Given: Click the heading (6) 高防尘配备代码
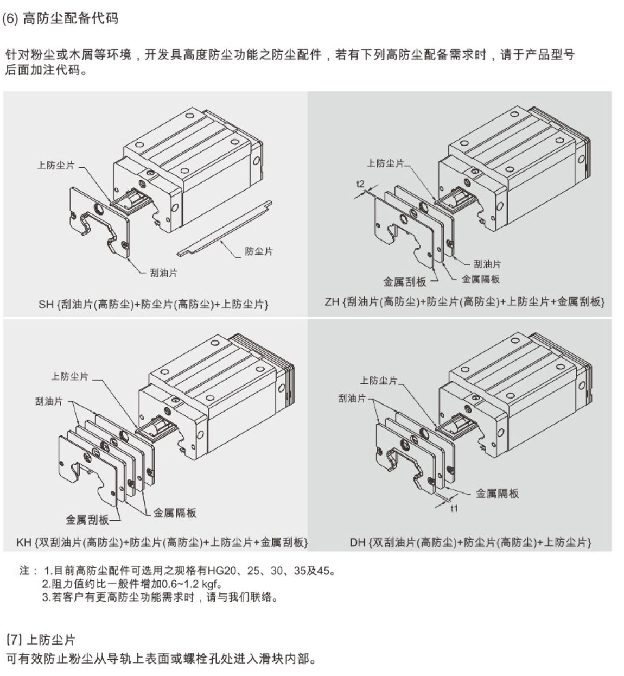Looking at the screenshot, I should coord(60,19).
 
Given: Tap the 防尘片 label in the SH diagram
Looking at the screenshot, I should coord(258,251).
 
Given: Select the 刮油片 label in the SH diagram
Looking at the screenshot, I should coord(163,273).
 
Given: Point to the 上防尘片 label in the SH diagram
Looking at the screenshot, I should coord(55,166).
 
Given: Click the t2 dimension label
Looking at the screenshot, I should coord(360,184).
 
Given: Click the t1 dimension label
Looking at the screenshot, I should coord(454,509).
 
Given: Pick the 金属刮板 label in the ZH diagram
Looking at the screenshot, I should coord(404,282).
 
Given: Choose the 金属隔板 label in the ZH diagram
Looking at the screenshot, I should coord(480,279).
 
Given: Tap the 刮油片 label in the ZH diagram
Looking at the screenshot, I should coord(487,264).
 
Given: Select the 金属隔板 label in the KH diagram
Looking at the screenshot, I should coord(175,513).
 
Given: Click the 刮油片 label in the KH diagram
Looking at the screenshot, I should coord(49,401).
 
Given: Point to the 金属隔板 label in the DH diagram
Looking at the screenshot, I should coord(497,493).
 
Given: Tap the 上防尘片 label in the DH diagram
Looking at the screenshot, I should coord(378,381).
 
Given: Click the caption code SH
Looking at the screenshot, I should coord(46,305).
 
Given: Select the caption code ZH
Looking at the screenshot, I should coord(332,302).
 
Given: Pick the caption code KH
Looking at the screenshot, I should coord(24,542).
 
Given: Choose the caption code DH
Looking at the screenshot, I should coord(357,542).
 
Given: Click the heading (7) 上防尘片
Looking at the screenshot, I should coord(40,640).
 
